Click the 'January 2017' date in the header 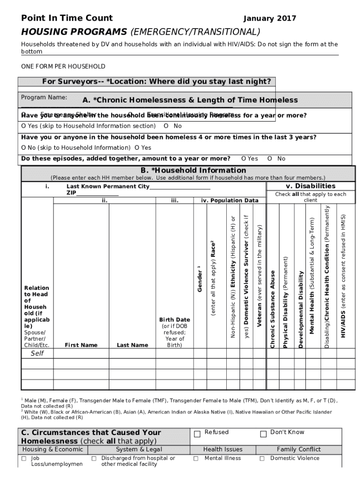point(270,19)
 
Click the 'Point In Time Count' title point(67,18)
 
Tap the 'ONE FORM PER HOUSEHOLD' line point(63,66)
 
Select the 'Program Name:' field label point(44,97)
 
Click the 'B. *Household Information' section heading point(193,170)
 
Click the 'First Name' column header point(81,345)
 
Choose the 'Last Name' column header point(132,345)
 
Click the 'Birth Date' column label point(174,320)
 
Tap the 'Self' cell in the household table point(37,354)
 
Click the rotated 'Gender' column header point(200,278)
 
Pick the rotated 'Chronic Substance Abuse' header point(273,309)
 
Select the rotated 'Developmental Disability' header point(301,309)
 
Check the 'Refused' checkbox point(197,434)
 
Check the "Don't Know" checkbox point(263,434)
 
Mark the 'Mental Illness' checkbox point(196,459)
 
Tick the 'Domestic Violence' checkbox point(262,459)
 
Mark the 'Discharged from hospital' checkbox point(94,459)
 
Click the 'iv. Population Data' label point(230,201)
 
